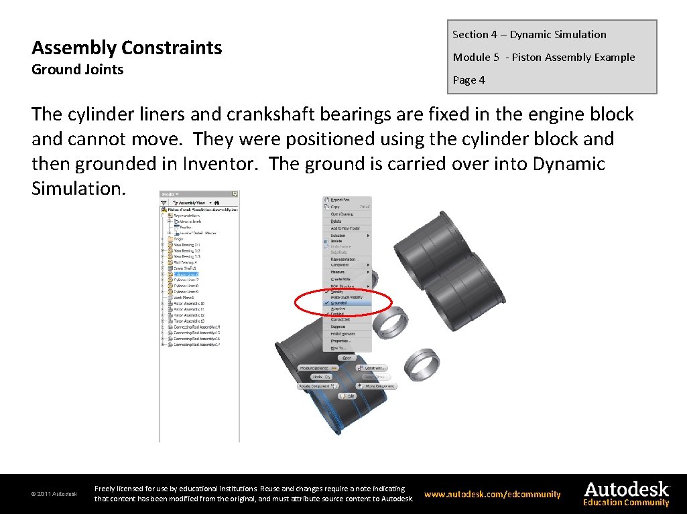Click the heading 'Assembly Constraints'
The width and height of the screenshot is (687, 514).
[x=127, y=48]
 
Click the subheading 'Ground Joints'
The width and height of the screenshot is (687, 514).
[x=78, y=70]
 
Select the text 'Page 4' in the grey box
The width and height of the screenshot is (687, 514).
[x=469, y=80]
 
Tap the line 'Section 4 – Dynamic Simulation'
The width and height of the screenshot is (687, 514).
[x=529, y=35]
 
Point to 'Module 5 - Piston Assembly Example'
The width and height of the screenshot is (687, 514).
[x=544, y=58]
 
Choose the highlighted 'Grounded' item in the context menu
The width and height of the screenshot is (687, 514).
[x=339, y=303]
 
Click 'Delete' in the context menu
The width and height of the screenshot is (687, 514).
[x=336, y=221]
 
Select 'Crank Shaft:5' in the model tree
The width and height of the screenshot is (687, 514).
[x=185, y=268]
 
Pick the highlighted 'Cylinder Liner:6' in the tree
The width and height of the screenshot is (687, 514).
[x=186, y=274]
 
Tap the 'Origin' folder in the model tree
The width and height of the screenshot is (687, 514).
[x=178, y=239]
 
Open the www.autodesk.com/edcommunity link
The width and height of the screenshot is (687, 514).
[x=492, y=495]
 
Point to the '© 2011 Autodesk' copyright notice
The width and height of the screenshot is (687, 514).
[x=54, y=495]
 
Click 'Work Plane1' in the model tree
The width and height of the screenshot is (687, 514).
[x=184, y=298]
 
